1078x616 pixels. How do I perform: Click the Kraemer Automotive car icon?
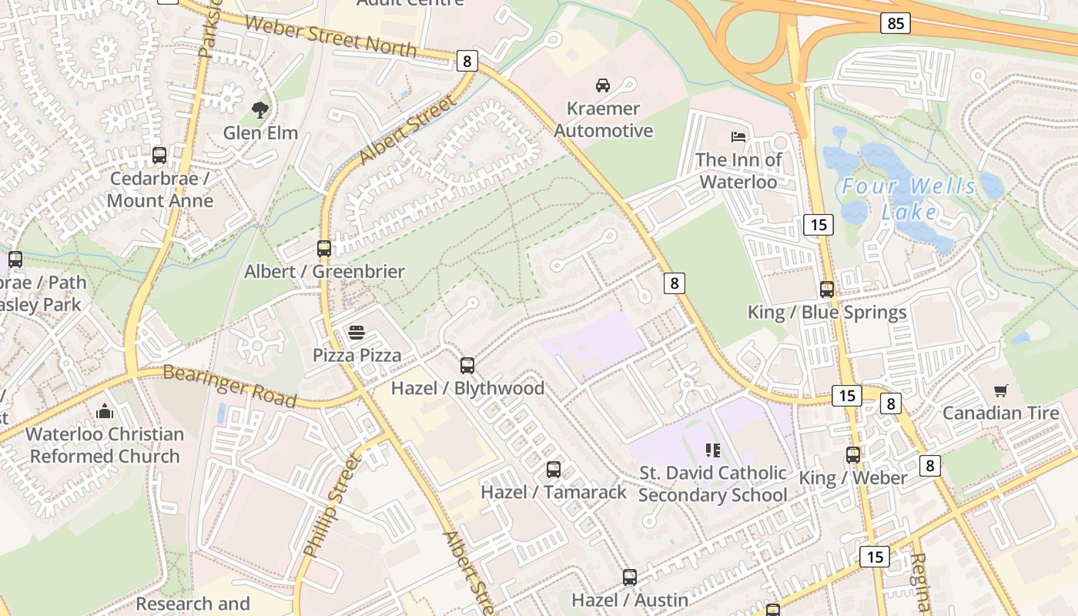point(602,85)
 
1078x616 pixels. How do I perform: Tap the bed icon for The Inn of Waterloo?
point(738,137)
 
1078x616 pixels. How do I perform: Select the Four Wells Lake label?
point(909,199)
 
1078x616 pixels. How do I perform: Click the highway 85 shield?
point(896,23)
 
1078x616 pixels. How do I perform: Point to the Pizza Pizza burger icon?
point(356,333)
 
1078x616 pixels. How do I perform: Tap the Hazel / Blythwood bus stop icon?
point(467,366)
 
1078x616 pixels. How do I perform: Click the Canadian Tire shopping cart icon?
point(1000,391)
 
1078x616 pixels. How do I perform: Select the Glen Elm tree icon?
point(260,110)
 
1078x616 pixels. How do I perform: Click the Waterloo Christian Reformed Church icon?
point(105,412)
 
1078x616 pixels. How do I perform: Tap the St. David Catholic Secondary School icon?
point(712,450)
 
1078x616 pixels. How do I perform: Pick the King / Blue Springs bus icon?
point(827,290)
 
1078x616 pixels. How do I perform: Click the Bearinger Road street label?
point(229,386)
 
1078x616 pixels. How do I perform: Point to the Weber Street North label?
point(331,35)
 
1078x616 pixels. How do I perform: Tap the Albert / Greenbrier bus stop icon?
point(324,249)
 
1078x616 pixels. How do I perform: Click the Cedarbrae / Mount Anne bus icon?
point(159,156)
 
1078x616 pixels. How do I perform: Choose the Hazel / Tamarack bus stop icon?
point(553,470)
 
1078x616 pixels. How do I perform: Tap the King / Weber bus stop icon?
point(853,455)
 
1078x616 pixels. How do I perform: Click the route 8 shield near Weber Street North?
point(467,61)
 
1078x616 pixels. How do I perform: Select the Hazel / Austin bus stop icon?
point(630,577)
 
